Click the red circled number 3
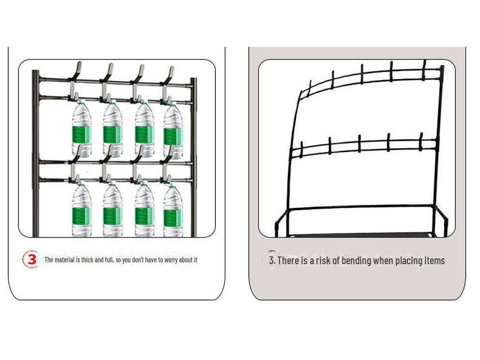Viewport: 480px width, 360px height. pos(31,259)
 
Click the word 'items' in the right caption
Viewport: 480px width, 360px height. pos(433,261)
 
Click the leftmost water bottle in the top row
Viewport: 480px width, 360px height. pos(81,130)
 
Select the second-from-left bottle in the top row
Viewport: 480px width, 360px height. pos(112,130)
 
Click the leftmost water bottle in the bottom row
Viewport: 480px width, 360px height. pos(81,211)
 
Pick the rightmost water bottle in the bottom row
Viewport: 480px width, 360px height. pos(173,211)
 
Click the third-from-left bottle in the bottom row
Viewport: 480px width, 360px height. pos(144,211)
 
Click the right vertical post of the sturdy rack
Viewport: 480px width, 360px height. pos(194,155)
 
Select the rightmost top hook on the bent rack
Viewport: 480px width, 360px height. pos(424,70)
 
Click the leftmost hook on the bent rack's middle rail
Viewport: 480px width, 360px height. pos(301,149)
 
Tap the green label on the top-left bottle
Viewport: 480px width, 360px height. pos(81,135)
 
